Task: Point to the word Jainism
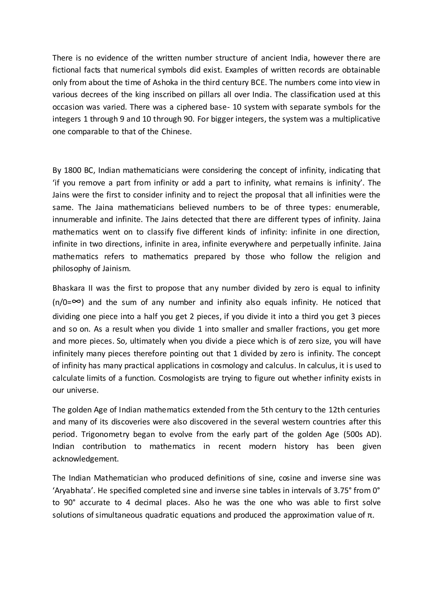pyautogui.click(x=116, y=268)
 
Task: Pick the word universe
pyautogui.click(x=82, y=390)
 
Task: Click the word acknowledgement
pyautogui.click(x=85, y=459)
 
